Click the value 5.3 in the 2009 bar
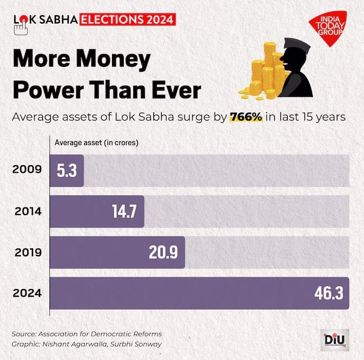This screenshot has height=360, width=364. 67,171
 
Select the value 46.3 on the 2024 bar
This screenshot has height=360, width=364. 330,293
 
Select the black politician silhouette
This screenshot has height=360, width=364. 298,72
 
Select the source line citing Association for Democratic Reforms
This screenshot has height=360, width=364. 86,334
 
